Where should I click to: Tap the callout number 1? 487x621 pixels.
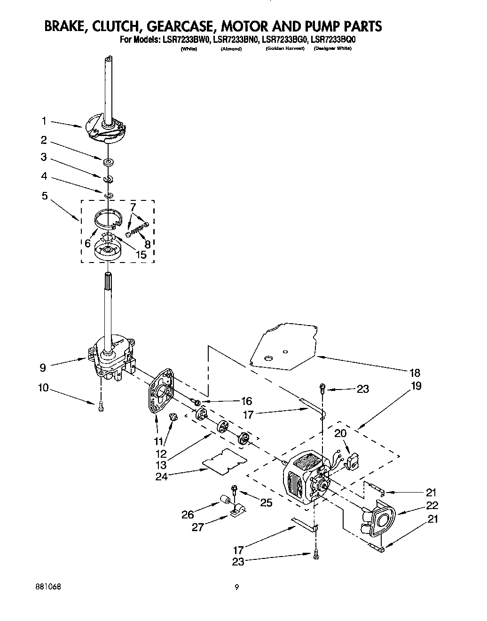pos(44,121)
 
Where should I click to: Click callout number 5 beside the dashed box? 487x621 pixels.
pos(45,196)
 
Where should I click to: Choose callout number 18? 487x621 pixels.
pos(415,373)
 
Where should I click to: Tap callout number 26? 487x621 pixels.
pos(188,515)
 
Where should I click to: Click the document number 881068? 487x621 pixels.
pos(47,588)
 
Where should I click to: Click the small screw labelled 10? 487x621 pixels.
pos(100,408)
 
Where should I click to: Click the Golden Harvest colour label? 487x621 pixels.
pos(285,49)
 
